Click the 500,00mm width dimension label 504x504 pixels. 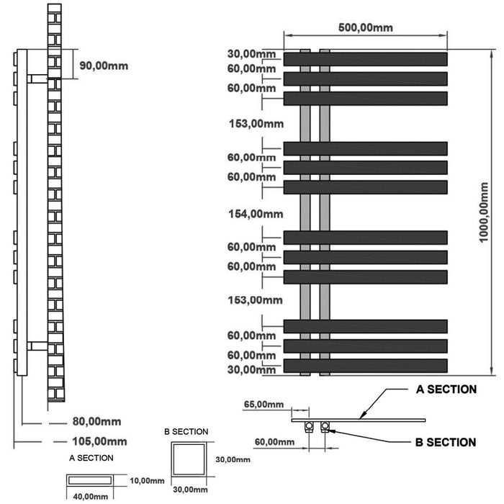(x=366, y=27)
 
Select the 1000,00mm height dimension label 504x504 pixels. (x=483, y=212)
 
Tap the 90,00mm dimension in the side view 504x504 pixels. (x=104, y=66)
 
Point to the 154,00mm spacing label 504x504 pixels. (x=256, y=214)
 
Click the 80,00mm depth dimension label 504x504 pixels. (x=96, y=421)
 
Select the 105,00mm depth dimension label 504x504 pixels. (x=99, y=441)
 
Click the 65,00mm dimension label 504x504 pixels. (x=264, y=404)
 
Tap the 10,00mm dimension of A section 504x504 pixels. (x=147, y=481)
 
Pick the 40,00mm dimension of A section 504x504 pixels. (x=90, y=497)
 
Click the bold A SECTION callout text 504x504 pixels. (x=446, y=390)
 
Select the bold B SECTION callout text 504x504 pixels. (x=446, y=442)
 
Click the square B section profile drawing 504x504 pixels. (x=189, y=459)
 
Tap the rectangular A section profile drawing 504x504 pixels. (x=90, y=480)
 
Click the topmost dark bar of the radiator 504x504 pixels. (x=366, y=59)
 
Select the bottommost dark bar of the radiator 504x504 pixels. (x=366, y=366)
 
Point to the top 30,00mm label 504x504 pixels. (x=251, y=54)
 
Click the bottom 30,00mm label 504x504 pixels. (x=251, y=369)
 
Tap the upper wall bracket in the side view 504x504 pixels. (x=37, y=78)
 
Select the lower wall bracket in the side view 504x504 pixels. (x=37, y=346)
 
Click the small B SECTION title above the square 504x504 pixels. (x=186, y=432)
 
